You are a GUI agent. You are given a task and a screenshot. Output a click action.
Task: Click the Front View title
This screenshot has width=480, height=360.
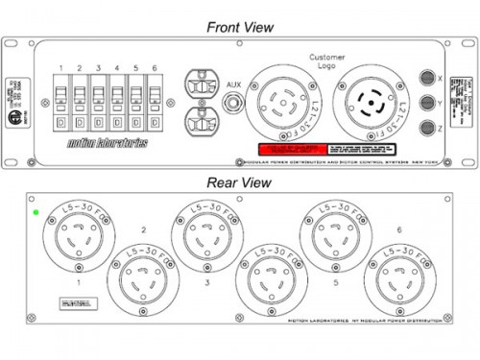240,27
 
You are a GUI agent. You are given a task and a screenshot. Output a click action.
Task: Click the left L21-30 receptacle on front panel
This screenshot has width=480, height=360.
280,104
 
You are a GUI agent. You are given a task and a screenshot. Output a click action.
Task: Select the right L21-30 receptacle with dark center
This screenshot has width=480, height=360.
370,104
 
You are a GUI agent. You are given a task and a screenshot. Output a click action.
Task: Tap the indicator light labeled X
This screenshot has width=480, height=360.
427,78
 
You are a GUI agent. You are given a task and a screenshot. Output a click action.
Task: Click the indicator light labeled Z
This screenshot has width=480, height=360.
427,128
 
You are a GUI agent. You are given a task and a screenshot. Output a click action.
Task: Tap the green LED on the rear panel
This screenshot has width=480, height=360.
36,212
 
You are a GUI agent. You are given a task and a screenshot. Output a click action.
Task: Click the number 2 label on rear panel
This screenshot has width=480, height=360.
142,231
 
